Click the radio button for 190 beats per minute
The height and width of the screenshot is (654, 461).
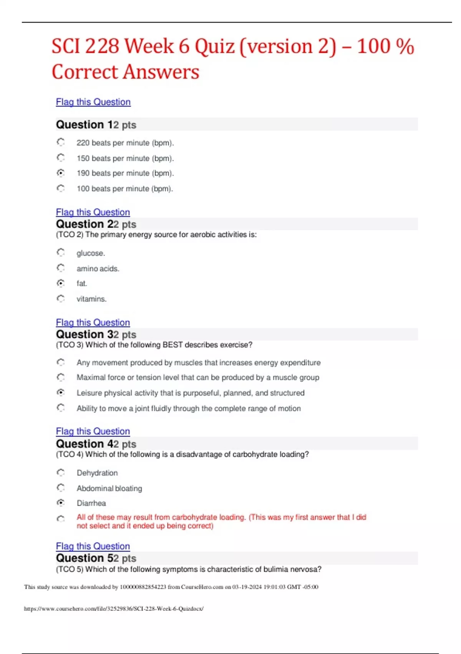[61, 173]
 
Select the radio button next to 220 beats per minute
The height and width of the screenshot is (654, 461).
[61, 142]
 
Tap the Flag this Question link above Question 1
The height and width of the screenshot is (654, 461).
[93, 102]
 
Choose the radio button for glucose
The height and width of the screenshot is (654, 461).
[61, 252]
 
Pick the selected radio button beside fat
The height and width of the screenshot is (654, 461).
[61, 283]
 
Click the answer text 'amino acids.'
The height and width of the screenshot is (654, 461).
[98, 269]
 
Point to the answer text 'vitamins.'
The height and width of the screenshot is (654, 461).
[91, 299]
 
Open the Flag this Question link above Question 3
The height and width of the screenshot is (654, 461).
[93, 322]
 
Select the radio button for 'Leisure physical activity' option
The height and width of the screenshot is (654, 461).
[61, 392]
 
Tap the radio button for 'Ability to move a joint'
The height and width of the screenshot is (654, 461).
[61, 407]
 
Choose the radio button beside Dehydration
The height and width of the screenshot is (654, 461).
[61, 472]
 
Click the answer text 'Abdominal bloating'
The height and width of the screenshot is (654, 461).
[109, 488]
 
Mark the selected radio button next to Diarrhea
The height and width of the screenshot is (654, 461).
[61, 503]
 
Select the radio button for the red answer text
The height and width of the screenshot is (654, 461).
[61, 519]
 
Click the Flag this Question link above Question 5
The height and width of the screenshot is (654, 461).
[93, 546]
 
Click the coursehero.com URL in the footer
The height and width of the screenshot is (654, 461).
[114, 609]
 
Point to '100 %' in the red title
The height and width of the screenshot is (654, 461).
[385, 47]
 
